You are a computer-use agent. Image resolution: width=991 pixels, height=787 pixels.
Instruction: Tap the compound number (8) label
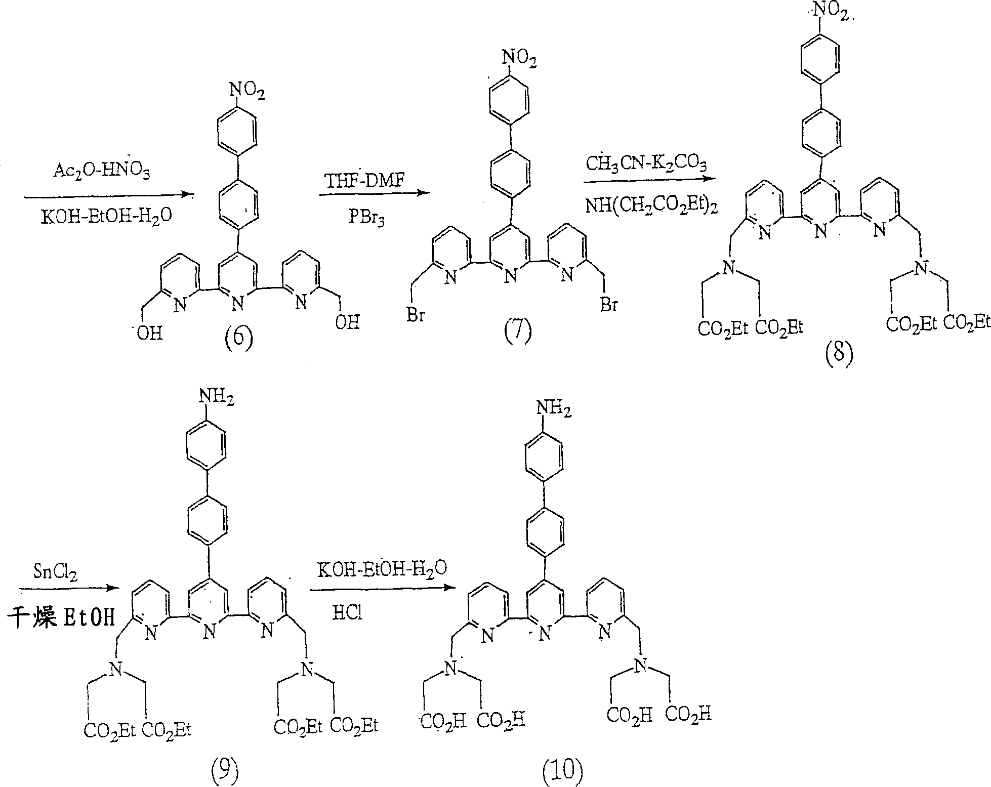839,356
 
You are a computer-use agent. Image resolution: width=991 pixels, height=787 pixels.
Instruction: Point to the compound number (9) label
223,772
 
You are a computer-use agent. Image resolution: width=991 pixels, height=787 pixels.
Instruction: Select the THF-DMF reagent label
365,181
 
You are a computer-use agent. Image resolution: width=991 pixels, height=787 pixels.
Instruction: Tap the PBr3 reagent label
365,219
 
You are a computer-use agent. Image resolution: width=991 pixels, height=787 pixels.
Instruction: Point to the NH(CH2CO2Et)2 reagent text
651,206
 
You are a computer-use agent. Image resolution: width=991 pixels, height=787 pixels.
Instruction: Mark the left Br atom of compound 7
416,315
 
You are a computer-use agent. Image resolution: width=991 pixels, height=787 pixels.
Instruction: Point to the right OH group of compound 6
347,322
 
